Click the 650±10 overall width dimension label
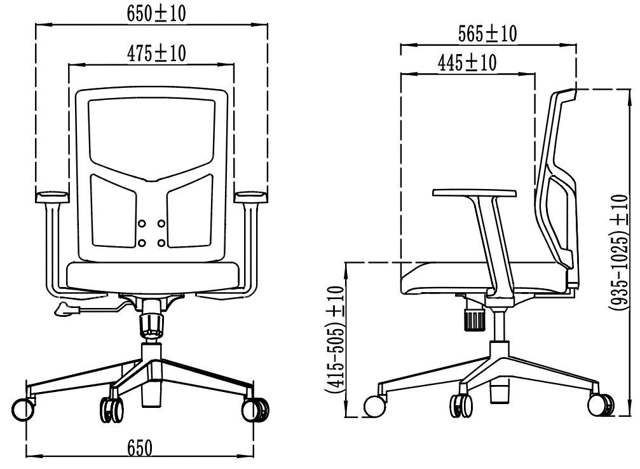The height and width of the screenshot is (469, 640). [156, 14]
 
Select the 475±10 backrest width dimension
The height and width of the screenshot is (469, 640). [156, 54]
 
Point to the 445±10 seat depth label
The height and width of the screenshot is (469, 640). [467, 62]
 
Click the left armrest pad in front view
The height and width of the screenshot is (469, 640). [51, 195]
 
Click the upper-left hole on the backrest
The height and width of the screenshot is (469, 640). [142, 223]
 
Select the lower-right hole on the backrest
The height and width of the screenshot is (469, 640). [161, 242]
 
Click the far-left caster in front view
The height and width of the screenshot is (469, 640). [23, 409]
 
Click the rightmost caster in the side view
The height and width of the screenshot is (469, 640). [600, 405]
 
